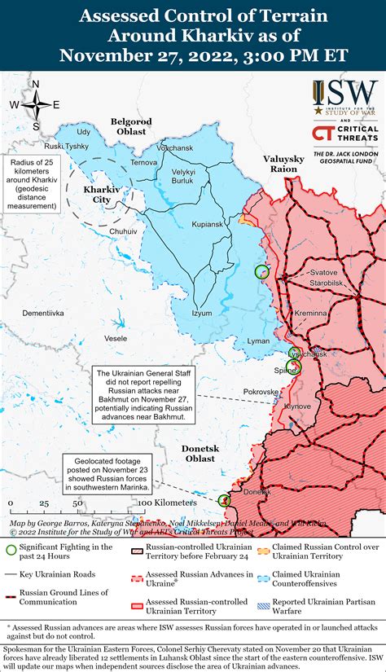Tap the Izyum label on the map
(x=201, y=313)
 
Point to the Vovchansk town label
(x=175, y=148)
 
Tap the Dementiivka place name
(x=42, y=313)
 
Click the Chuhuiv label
(x=123, y=231)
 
